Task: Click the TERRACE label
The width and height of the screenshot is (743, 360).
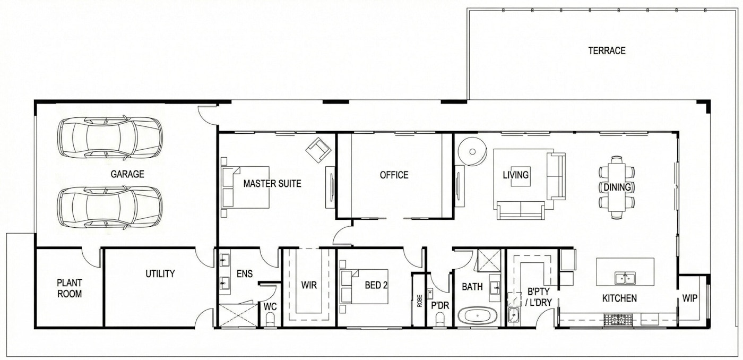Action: (607, 51)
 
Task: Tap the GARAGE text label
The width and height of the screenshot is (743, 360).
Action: (127, 174)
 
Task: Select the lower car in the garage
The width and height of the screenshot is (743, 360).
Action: (110, 207)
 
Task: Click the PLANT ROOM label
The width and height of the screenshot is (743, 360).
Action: (70, 288)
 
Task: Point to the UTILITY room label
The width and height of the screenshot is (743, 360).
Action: (160, 274)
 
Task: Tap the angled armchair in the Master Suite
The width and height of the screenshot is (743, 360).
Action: (318, 150)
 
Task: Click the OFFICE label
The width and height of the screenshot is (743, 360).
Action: (394, 175)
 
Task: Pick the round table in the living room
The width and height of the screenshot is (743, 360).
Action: (472, 151)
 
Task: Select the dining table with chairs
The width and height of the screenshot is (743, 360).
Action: (617, 187)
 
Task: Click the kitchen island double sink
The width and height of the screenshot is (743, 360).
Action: (626, 278)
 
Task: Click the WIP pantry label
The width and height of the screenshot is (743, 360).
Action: (690, 298)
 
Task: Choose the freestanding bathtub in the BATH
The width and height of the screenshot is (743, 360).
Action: (477, 316)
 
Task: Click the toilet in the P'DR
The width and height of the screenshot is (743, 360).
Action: (440, 319)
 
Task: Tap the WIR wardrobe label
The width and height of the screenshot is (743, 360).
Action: (308, 286)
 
